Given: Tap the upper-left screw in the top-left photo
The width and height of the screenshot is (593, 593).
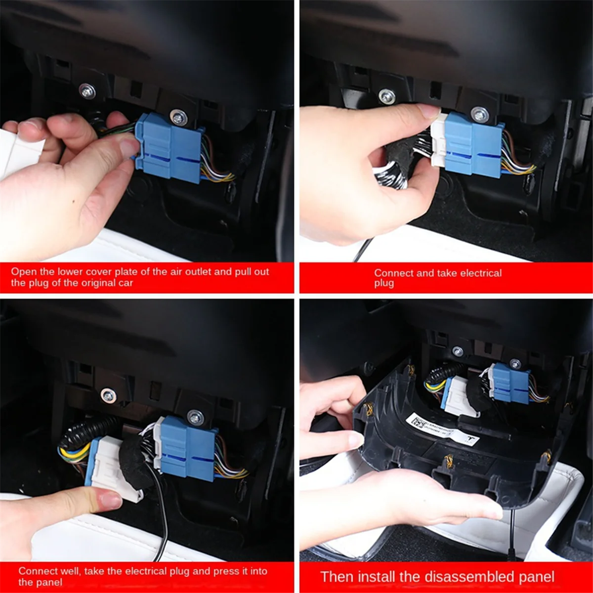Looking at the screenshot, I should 87,91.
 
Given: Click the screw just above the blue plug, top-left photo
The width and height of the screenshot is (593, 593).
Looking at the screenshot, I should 178,118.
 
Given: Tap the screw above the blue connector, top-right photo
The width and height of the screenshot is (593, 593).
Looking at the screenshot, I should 479,114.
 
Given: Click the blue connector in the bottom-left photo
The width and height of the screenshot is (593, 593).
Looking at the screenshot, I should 187,448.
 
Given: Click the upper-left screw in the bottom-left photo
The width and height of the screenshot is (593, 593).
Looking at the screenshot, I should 108,395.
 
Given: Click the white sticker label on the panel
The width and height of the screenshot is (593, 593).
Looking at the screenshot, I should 442,429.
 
